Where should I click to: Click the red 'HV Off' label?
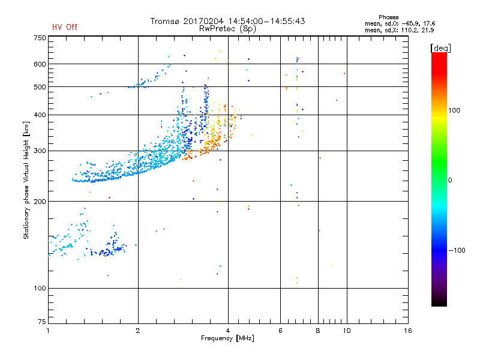pyautogui.click(x=64, y=27)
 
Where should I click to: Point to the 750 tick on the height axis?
pyautogui.click(x=39, y=37)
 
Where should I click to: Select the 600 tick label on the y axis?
pyautogui.click(x=39, y=64)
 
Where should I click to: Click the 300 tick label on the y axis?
pyautogui.click(x=39, y=151)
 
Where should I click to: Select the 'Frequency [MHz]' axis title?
pyautogui.click(x=228, y=339)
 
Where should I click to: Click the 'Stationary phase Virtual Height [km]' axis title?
pyautogui.click(x=26, y=180)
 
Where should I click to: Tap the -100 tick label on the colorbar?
pyautogui.click(x=458, y=250)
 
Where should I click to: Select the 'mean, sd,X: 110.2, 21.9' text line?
pyautogui.click(x=399, y=30)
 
